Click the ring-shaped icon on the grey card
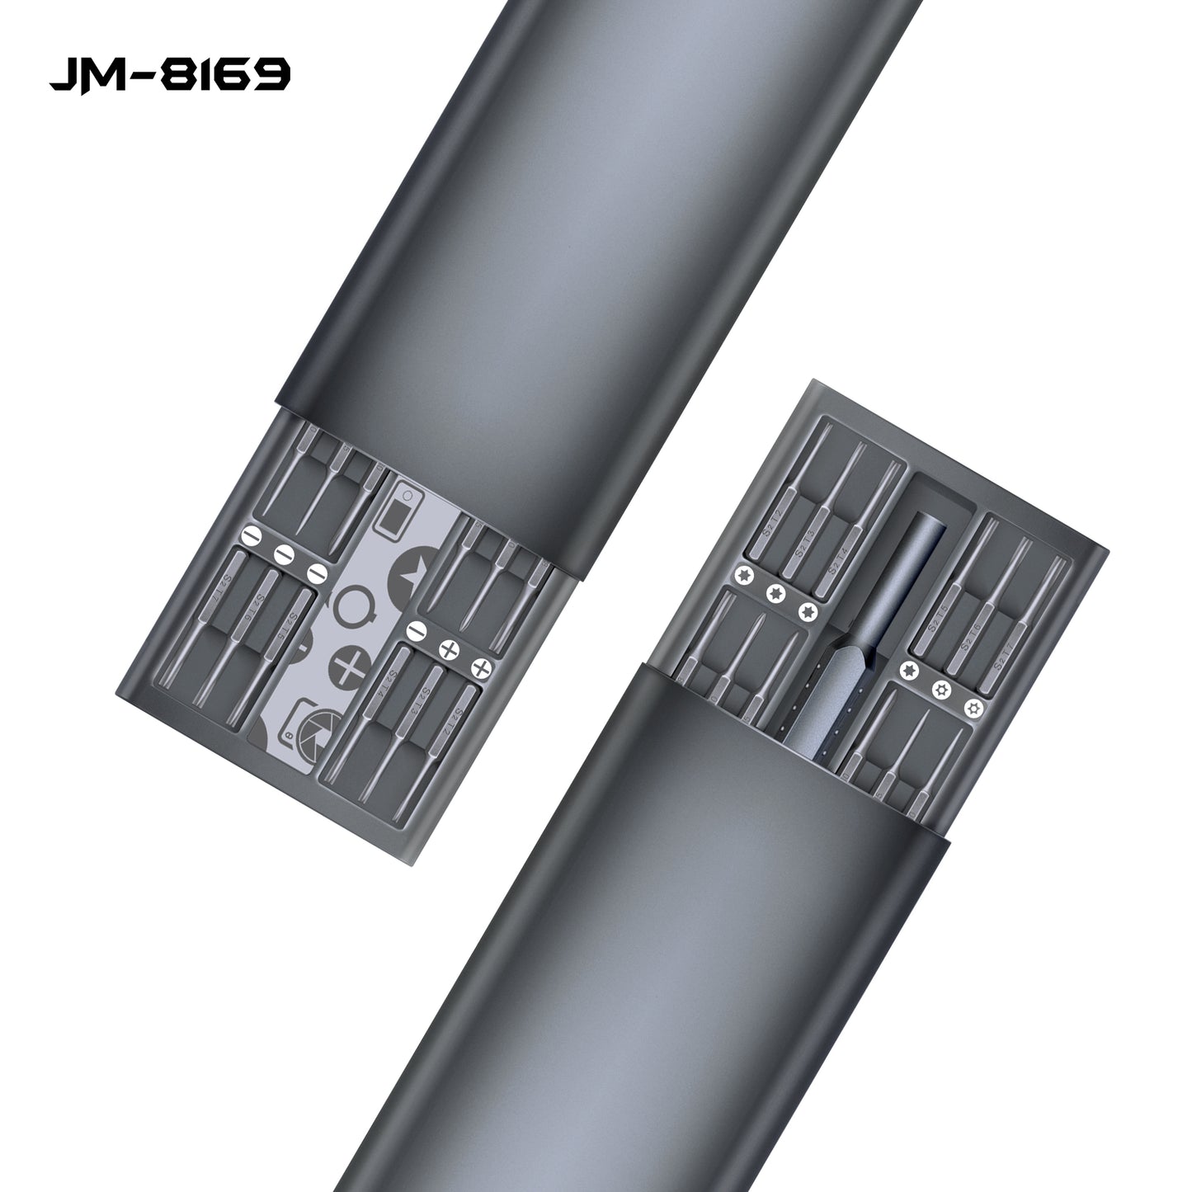tap(357, 606)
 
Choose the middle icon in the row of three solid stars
tap(775, 592)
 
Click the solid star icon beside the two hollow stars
tap(910, 669)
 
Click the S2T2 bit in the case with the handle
tap(775, 524)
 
